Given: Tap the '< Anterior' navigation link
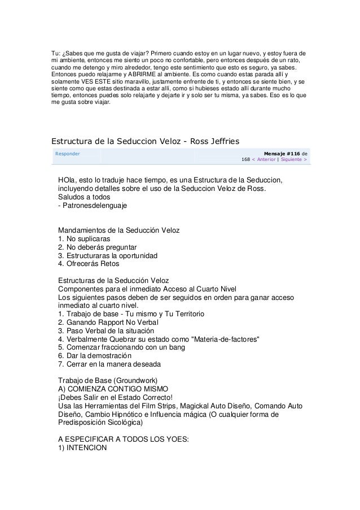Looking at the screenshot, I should (x=269, y=159).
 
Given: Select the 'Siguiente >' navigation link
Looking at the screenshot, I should (x=291, y=159).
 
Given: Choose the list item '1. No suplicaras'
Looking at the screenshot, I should (x=84, y=238).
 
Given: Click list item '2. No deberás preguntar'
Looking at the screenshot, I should (x=98, y=247).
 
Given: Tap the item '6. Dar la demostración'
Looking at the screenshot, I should (x=99, y=356).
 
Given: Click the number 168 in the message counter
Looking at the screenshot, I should (x=246, y=159).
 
